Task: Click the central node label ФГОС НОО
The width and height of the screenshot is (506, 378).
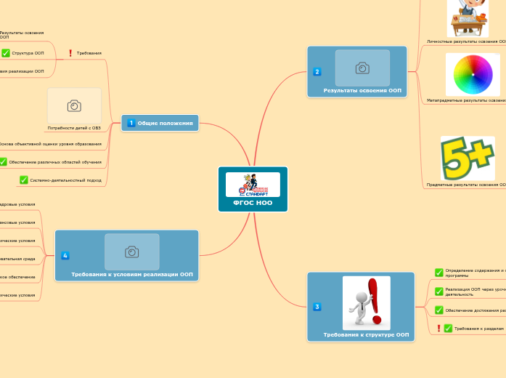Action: pyautogui.click(x=253, y=204)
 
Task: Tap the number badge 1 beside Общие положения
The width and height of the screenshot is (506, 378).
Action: pyautogui.click(x=131, y=124)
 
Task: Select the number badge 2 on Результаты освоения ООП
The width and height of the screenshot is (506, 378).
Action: pyautogui.click(x=317, y=71)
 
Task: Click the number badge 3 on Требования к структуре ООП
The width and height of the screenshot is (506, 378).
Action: pyautogui.click(x=317, y=307)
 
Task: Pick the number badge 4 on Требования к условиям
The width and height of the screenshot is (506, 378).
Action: pyautogui.click(x=65, y=255)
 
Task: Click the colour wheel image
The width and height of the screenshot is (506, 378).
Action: pyautogui.click(x=473, y=74)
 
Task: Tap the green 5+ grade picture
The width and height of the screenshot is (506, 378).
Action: pyautogui.click(x=468, y=158)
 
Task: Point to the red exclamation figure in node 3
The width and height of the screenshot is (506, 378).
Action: pyautogui.click(x=367, y=302)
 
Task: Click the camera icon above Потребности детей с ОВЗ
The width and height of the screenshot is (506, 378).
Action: pyautogui.click(x=74, y=106)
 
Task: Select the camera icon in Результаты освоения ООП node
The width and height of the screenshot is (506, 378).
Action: pyautogui.click(x=362, y=68)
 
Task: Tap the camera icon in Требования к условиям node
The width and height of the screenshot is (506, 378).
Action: pyautogui.click(x=131, y=252)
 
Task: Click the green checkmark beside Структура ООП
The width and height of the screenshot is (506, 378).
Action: pyautogui.click(x=5, y=53)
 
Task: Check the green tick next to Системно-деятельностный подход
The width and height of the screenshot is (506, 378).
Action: pyautogui.click(x=24, y=180)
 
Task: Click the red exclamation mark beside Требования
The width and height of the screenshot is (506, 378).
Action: pyautogui.click(x=70, y=53)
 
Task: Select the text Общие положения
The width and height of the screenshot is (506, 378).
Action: pyautogui.click(x=165, y=124)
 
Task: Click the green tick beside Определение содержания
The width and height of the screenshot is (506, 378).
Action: pyautogui.click(x=438, y=273)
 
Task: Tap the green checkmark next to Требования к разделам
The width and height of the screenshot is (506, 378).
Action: pyautogui.click(x=448, y=329)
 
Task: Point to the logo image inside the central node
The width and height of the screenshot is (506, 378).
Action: pyautogui.click(x=253, y=185)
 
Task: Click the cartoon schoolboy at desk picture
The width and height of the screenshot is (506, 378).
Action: pyautogui.click(x=468, y=17)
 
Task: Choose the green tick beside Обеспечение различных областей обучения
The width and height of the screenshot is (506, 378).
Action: pyautogui.click(x=3, y=162)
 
